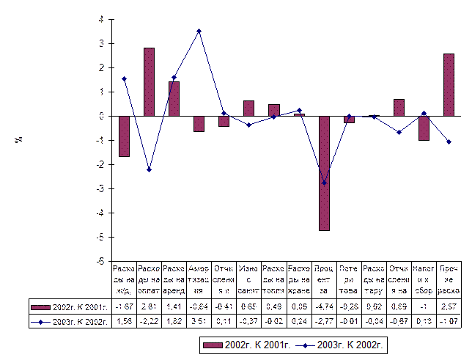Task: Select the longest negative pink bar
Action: pos(324,173)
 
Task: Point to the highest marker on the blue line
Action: pos(199,32)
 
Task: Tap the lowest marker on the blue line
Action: pos(324,183)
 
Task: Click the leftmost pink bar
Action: pos(124,136)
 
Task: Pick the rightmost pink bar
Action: pos(449,85)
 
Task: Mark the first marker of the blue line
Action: pos(124,78)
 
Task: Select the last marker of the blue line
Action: pos(449,142)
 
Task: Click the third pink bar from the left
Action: pos(174,99)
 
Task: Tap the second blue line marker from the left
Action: pos(149,169)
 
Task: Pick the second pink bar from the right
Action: pos(424,128)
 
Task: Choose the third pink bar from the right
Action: pos(399,108)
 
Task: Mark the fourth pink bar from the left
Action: pos(199,123)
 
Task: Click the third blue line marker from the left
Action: pos(174,78)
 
